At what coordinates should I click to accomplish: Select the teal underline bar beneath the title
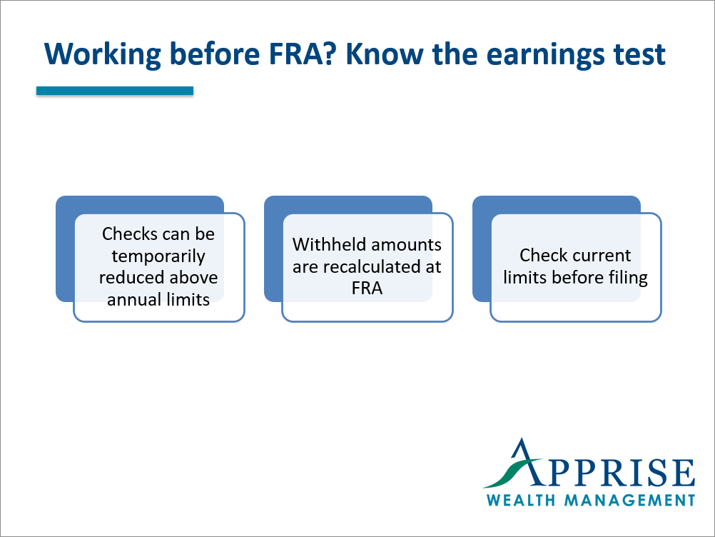pos(115,91)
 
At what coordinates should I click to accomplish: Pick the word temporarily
pos(158,256)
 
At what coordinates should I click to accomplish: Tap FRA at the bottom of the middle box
pos(367,289)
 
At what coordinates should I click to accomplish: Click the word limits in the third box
pos(525,278)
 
